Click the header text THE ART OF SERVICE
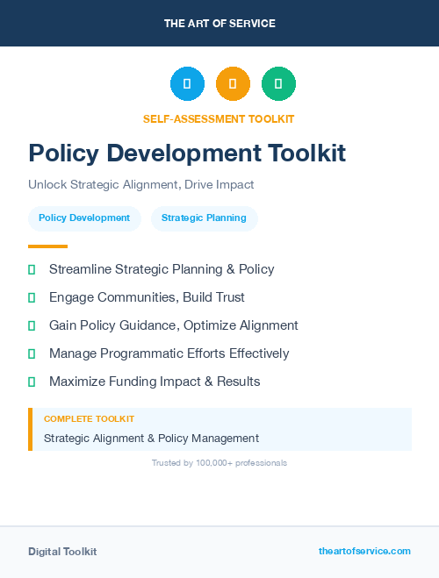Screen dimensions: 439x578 [219, 24]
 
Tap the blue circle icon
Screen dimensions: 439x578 [187, 84]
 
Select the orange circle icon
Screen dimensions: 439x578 [233, 84]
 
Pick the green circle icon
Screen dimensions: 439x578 [278, 84]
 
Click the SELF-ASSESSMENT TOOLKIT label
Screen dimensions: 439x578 [219, 118]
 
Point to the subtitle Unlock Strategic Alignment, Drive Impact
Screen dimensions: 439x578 [140, 185]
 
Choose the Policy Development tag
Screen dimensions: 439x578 [84, 218]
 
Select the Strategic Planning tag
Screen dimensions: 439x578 [204, 218]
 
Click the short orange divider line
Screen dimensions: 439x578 [47, 246]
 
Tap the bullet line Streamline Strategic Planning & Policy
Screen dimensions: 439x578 [162, 269]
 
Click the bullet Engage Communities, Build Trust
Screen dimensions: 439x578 [147, 297]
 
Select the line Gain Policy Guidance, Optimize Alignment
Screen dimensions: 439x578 [174, 325]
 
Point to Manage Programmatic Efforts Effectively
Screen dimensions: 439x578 [169, 353]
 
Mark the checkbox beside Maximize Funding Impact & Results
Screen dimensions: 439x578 [32, 382]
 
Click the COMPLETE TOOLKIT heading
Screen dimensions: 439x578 [89, 419]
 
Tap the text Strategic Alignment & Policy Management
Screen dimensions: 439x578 [151, 438]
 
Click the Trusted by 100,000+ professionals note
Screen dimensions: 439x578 [219, 462]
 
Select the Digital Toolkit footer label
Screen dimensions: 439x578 [62, 552]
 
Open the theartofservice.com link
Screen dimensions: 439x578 [364, 551]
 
